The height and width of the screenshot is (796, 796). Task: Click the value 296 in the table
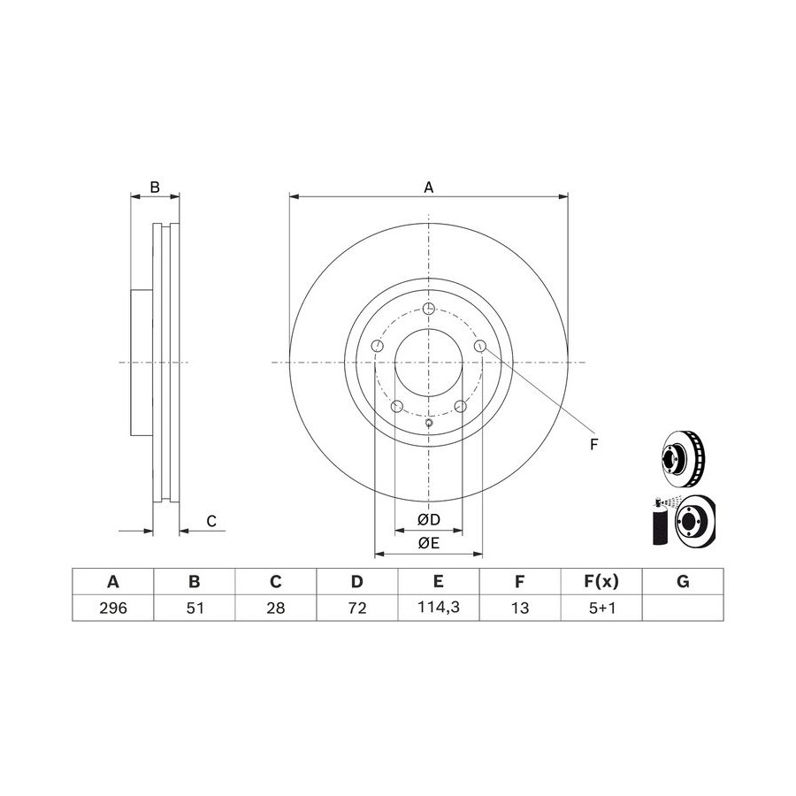(x=113, y=608)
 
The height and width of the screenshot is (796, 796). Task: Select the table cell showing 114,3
(x=439, y=607)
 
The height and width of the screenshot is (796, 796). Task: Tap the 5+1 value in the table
(x=601, y=608)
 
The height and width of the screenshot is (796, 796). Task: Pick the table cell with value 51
(x=195, y=608)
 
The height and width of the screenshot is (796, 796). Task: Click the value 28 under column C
(x=276, y=608)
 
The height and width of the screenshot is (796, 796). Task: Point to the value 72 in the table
(x=357, y=608)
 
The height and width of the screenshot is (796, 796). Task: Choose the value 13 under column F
(x=520, y=608)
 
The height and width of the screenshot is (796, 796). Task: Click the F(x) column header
(x=601, y=581)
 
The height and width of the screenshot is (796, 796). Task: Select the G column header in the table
(x=683, y=581)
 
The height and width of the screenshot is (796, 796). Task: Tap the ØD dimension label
(x=428, y=519)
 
